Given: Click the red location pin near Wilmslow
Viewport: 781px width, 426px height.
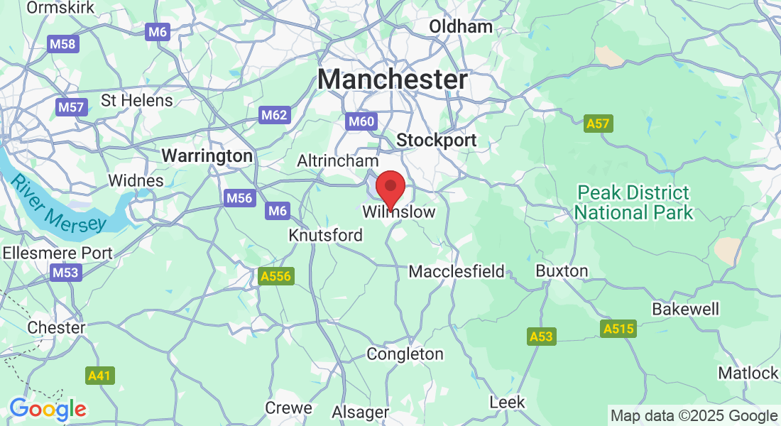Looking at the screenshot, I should (x=390, y=188).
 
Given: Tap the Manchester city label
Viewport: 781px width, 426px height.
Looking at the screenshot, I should (x=393, y=80).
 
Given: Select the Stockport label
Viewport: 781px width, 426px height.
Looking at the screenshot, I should (x=437, y=141).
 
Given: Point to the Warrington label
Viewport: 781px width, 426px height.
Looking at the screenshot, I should (x=207, y=155).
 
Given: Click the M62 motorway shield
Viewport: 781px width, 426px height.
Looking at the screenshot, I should (x=274, y=115).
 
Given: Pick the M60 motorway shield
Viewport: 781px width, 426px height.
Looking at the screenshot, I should (x=361, y=122).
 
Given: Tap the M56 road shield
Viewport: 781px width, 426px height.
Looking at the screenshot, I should (x=239, y=199).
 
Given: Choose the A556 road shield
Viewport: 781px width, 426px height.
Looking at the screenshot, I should (x=275, y=275).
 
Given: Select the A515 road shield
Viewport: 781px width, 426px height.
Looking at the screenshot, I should (x=618, y=329).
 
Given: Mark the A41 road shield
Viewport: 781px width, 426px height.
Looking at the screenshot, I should (x=100, y=376).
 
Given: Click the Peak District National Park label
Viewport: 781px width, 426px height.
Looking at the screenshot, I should (x=633, y=202).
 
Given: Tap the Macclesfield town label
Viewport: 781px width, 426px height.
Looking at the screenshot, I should (x=457, y=271).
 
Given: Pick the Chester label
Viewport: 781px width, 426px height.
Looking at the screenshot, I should (x=56, y=328).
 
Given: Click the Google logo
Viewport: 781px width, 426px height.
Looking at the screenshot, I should (x=48, y=409).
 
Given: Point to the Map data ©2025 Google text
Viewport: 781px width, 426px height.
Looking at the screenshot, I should (x=694, y=416).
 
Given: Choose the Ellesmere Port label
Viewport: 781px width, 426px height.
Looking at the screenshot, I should (x=58, y=253).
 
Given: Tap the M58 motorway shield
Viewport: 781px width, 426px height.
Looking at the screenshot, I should (x=63, y=44).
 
